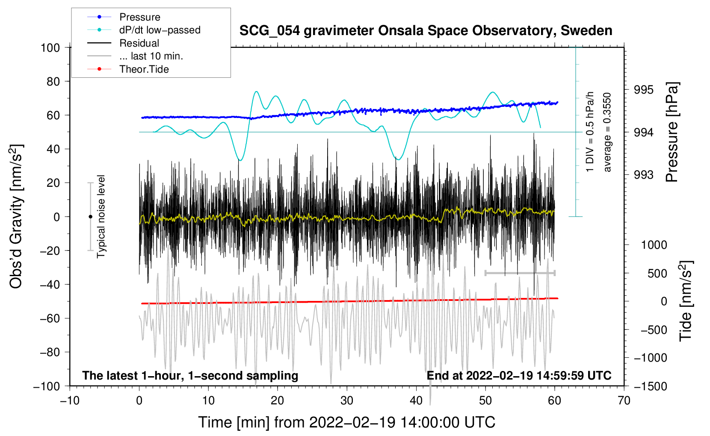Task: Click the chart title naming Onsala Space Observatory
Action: click(426, 31)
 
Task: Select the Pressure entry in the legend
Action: click(139, 17)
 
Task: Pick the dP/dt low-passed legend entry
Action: click(160, 30)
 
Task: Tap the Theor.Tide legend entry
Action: click(144, 69)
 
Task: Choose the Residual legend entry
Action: click(139, 43)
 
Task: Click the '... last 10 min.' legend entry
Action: click(151, 56)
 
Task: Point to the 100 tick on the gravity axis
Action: click(50, 47)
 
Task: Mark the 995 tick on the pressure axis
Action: click(644, 90)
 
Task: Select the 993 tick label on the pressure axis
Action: click(644, 175)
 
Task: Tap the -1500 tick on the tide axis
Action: click(650, 386)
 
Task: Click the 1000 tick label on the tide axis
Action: click(654, 245)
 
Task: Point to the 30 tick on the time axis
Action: click(347, 401)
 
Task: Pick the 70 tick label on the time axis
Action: click(624, 401)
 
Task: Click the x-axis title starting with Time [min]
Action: click(346, 422)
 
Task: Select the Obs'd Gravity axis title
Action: click(16, 216)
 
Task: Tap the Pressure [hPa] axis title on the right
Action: click(672, 133)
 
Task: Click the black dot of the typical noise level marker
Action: click(90, 217)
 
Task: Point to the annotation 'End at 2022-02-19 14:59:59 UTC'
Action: click(519, 376)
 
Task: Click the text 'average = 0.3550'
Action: click(607, 133)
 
